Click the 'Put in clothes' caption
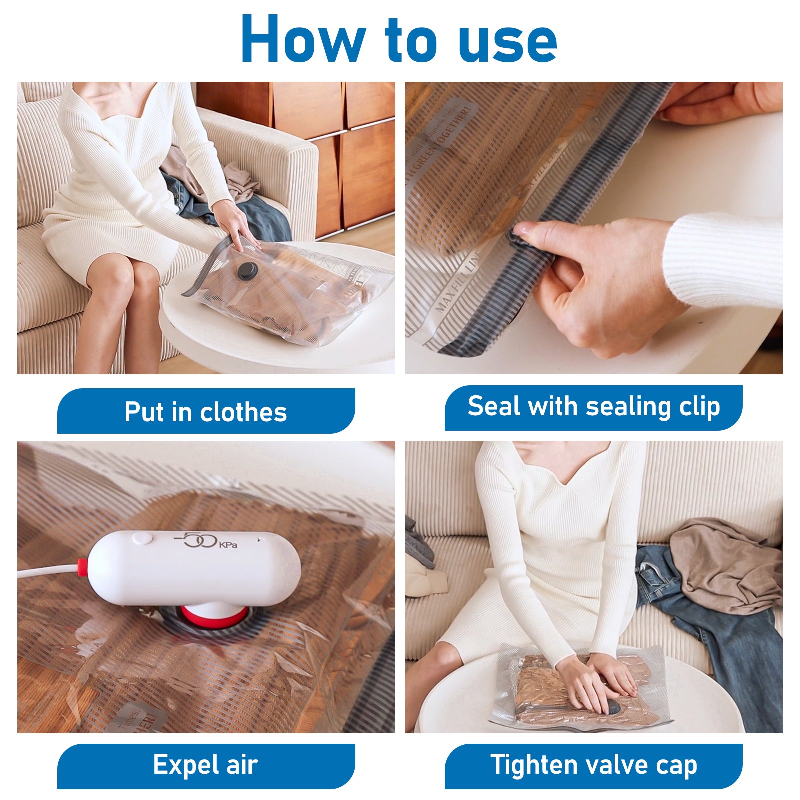(206, 412)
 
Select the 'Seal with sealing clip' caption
(593, 407)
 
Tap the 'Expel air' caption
(206, 765)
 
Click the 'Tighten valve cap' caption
(593, 765)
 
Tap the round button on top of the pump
(142, 538)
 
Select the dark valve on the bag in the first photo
(247, 271)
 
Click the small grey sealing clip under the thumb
(517, 239)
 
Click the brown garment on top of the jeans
(725, 565)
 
